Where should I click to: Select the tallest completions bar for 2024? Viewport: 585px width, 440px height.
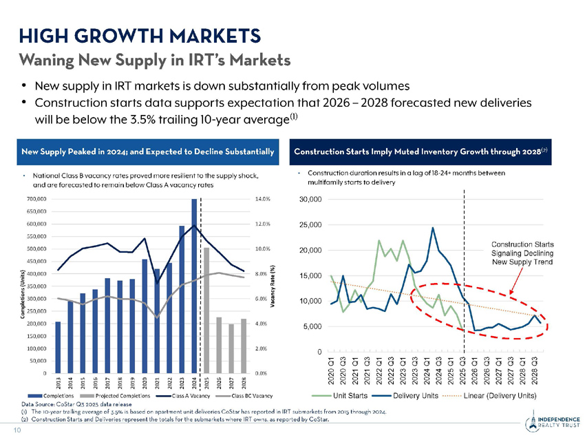click(195, 285)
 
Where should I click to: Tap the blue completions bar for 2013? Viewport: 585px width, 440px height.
click(58, 347)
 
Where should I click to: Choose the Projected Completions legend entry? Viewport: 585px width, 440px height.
click(116, 397)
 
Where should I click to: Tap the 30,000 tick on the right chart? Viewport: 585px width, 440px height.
click(310, 200)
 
